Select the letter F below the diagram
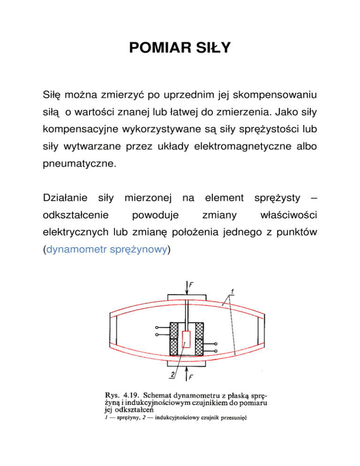point(192,377)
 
